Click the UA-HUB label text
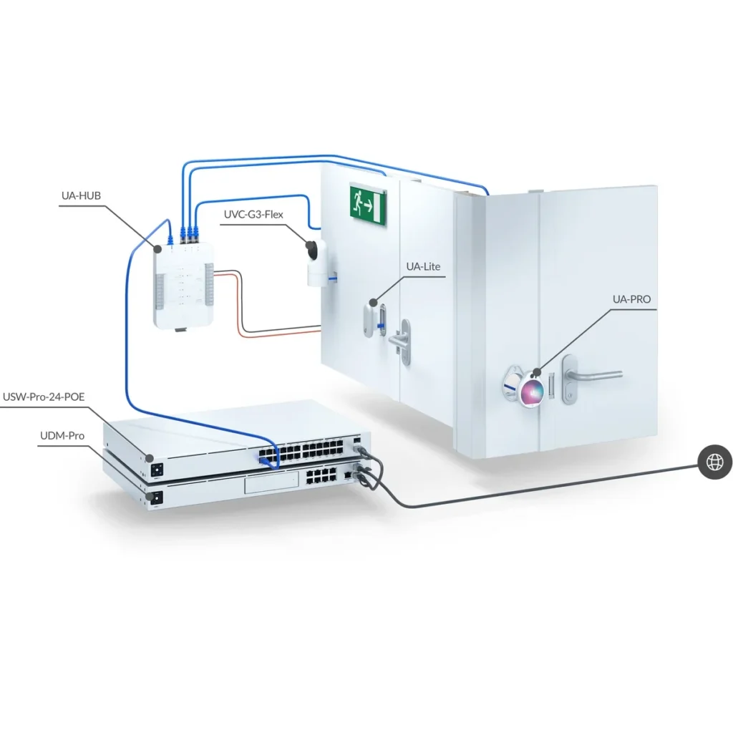(x=81, y=195)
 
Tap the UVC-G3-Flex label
(x=253, y=215)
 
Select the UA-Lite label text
(x=423, y=266)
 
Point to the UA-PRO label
(x=631, y=299)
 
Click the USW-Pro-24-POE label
(x=44, y=397)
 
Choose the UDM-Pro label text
(x=62, y=436)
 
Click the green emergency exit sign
(x=368, y=204)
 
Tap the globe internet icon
(x=715, y=462)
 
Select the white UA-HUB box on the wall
(x=184, y=286)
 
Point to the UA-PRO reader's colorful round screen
(x=532, y=390)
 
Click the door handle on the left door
(x=401, y=341)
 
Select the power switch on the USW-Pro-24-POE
(x=157, y=470)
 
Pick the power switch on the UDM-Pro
(x=155, y=498)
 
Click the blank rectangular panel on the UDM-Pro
(x=271, y=482)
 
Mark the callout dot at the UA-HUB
(x=158, y=249)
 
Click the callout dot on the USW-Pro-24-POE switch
(x=150, y=458)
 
